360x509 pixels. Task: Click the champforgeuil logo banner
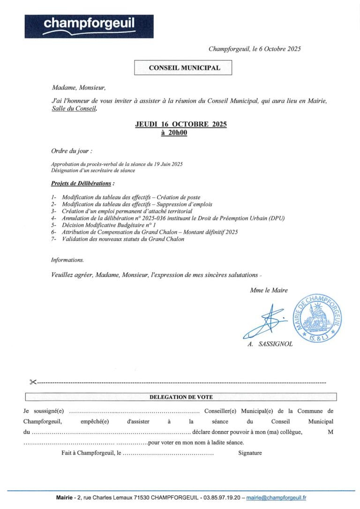(89, 26)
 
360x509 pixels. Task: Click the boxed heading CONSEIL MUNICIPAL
(184, 68)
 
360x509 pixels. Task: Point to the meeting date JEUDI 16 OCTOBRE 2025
(181, 124)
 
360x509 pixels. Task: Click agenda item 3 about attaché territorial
(120, 211)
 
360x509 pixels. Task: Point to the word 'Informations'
(67, 260)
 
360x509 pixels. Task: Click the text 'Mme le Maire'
(269, 291)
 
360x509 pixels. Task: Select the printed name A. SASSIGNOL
(270, 344)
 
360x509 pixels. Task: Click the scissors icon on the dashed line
(32, 382)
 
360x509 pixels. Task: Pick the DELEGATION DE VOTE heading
(181, 397)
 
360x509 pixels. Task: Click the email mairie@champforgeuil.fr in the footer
(277, 498)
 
